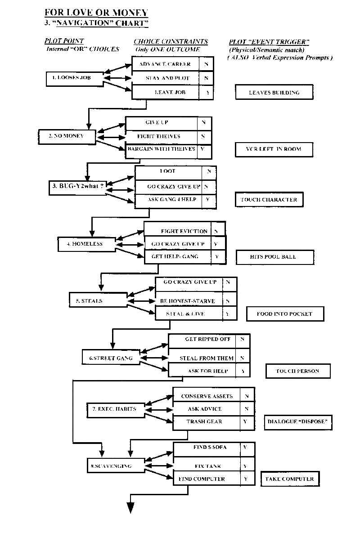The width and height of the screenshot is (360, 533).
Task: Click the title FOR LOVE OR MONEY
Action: coord(96,13)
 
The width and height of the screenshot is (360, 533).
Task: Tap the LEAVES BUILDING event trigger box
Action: coord(274,92)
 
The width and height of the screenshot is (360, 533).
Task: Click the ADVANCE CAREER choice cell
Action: coord(165,64)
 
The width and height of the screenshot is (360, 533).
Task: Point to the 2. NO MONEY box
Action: coord(67,136)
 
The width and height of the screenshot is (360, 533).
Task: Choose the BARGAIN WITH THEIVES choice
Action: coord(161,149)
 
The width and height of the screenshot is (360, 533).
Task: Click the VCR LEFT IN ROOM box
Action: coord(274,149)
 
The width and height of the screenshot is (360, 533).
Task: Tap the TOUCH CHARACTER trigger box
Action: coord(269,200)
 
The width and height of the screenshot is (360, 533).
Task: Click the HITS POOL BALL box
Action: coord(274,257)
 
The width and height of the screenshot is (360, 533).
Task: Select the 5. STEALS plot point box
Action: coord(97,301)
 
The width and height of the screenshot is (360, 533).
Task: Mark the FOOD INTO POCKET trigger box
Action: coord(285,314)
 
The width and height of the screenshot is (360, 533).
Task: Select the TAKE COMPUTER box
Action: coord(290,479)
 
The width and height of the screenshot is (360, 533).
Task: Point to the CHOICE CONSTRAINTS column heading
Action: coord(171,42)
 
